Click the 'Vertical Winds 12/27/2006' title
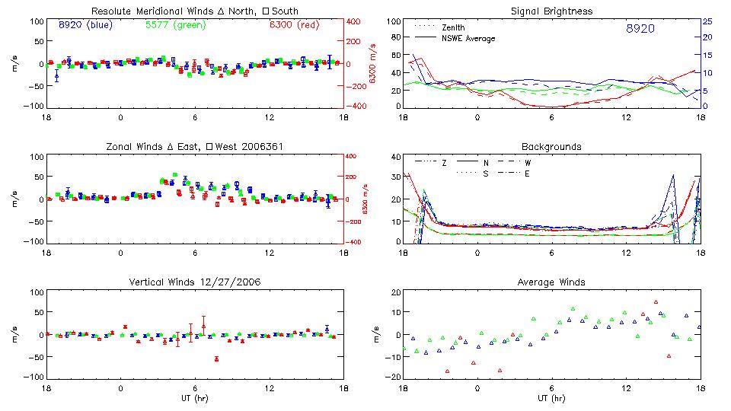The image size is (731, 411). [x=195, y=282]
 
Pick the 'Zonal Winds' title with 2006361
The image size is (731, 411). [x=195, y=146]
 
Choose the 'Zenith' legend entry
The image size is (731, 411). [x=454, y=27]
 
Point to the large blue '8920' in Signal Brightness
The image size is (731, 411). [x=640, y=28]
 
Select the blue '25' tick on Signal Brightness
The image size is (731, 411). [x=707, y=21]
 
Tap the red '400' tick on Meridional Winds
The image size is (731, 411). [x=355, y=21]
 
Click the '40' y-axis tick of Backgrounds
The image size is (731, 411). [x=395, y=158]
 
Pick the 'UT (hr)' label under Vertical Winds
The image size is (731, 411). [x=195, y=398]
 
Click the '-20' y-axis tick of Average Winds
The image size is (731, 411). [x=393, y=377]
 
